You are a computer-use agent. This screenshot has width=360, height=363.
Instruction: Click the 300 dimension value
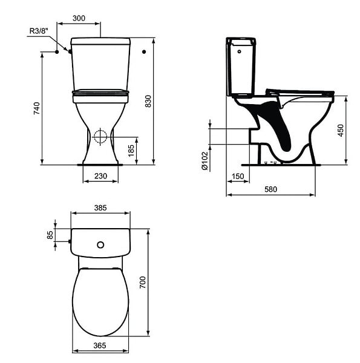[79, 18]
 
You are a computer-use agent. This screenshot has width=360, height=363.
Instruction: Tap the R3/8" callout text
[39, 31]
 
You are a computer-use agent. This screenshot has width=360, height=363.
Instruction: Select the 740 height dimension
[36, 108]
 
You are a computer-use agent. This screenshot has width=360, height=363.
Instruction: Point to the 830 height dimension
[148, 101]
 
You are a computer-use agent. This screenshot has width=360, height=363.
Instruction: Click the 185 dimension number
[131, 151]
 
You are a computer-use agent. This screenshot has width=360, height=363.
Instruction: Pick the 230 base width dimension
[100, 176]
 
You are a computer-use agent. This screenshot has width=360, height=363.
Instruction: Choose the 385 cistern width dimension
[100, 208]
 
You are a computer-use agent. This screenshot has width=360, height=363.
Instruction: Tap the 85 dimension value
[50, 235]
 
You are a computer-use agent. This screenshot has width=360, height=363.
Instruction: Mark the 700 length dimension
[143, 282]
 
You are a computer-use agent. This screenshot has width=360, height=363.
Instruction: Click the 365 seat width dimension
[100, 345]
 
